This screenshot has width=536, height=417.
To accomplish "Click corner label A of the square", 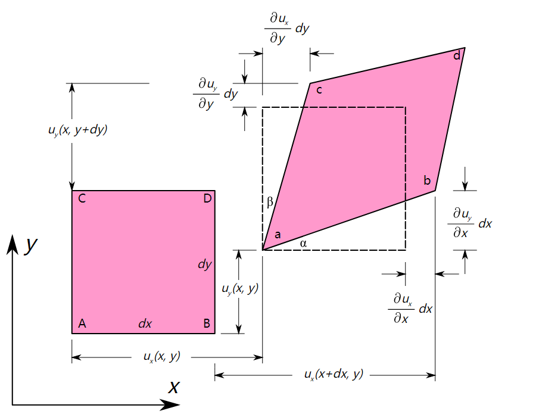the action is tap(82, 323).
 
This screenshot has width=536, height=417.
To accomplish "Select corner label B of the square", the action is tap(207, 323).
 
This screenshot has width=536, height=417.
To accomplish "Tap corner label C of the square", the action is tap(82, 198).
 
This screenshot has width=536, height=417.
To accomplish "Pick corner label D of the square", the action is tap(207, 198).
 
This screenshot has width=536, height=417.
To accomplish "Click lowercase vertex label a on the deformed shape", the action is tap(278, 235).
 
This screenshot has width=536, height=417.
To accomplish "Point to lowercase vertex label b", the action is tap(427, 180).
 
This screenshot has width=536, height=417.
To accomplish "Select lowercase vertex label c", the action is tap(319, 90).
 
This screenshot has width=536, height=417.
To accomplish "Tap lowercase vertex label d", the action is tap(457, 55).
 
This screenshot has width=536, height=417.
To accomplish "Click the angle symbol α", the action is tap(303, 244).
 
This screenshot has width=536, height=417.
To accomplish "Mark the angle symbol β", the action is tap(270, 202).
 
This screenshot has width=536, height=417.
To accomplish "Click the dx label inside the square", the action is tap(145, 323).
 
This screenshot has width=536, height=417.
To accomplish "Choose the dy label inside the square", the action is tap(205, 264).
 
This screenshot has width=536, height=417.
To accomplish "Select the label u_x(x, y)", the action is tap(161, 356).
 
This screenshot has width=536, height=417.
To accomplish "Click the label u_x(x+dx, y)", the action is tap(334, 374).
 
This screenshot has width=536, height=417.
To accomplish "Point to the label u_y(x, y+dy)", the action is tap(78, 130).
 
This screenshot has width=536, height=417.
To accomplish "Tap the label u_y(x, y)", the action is tap(240, 289).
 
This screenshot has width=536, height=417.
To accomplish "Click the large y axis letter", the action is tap(31, 244).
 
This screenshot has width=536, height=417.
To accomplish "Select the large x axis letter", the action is tap(174, 387).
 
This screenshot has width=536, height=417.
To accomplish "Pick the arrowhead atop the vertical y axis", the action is tap(13, 244).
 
